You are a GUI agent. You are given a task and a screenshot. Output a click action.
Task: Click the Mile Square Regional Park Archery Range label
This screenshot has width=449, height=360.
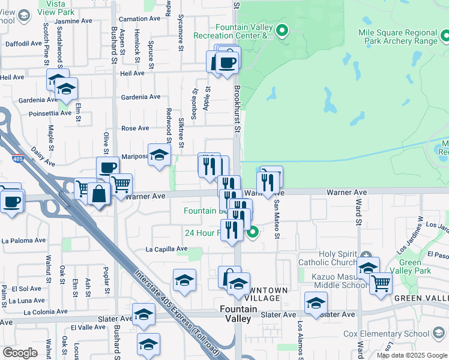397,37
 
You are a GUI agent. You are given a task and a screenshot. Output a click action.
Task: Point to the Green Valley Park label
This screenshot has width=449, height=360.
418,267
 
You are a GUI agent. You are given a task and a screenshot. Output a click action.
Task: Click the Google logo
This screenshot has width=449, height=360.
20,353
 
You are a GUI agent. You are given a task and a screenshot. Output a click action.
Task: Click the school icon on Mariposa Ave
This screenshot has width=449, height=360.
160,155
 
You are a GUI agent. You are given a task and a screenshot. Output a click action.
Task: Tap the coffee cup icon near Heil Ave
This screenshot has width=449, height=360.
226,62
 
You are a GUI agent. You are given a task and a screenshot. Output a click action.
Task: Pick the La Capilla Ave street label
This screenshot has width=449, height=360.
166,249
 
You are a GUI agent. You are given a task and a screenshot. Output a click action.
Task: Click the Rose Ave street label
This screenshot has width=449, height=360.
135,128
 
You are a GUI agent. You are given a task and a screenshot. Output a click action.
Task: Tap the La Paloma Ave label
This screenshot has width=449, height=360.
23,241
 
